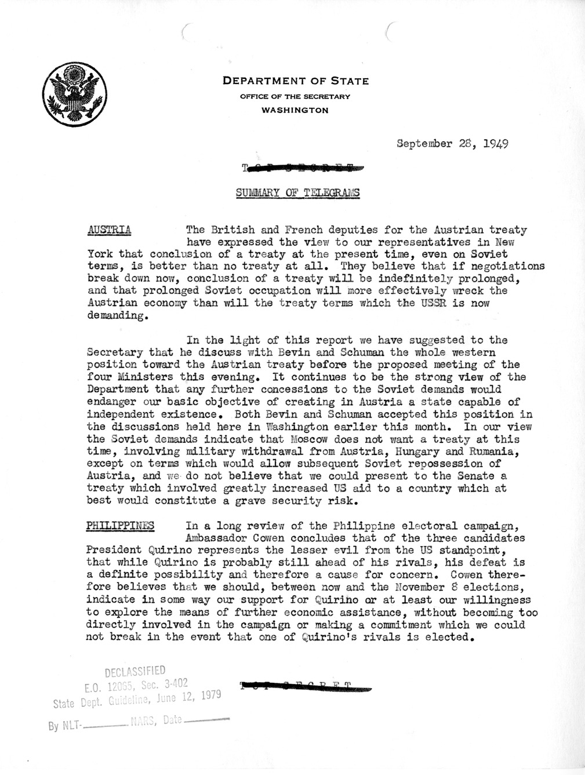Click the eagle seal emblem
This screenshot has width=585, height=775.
point(74,93)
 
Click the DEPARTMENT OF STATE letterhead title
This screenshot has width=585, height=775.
point(296,82)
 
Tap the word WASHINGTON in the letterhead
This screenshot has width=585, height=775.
point(296,110)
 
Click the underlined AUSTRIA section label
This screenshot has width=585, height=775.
point(108,230)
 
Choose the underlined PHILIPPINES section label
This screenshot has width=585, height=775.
point(121,526)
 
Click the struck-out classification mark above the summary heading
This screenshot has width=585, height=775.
point(304,169)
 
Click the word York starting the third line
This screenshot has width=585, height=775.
point(97,254)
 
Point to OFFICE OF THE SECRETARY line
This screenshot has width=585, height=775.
point(296,96)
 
